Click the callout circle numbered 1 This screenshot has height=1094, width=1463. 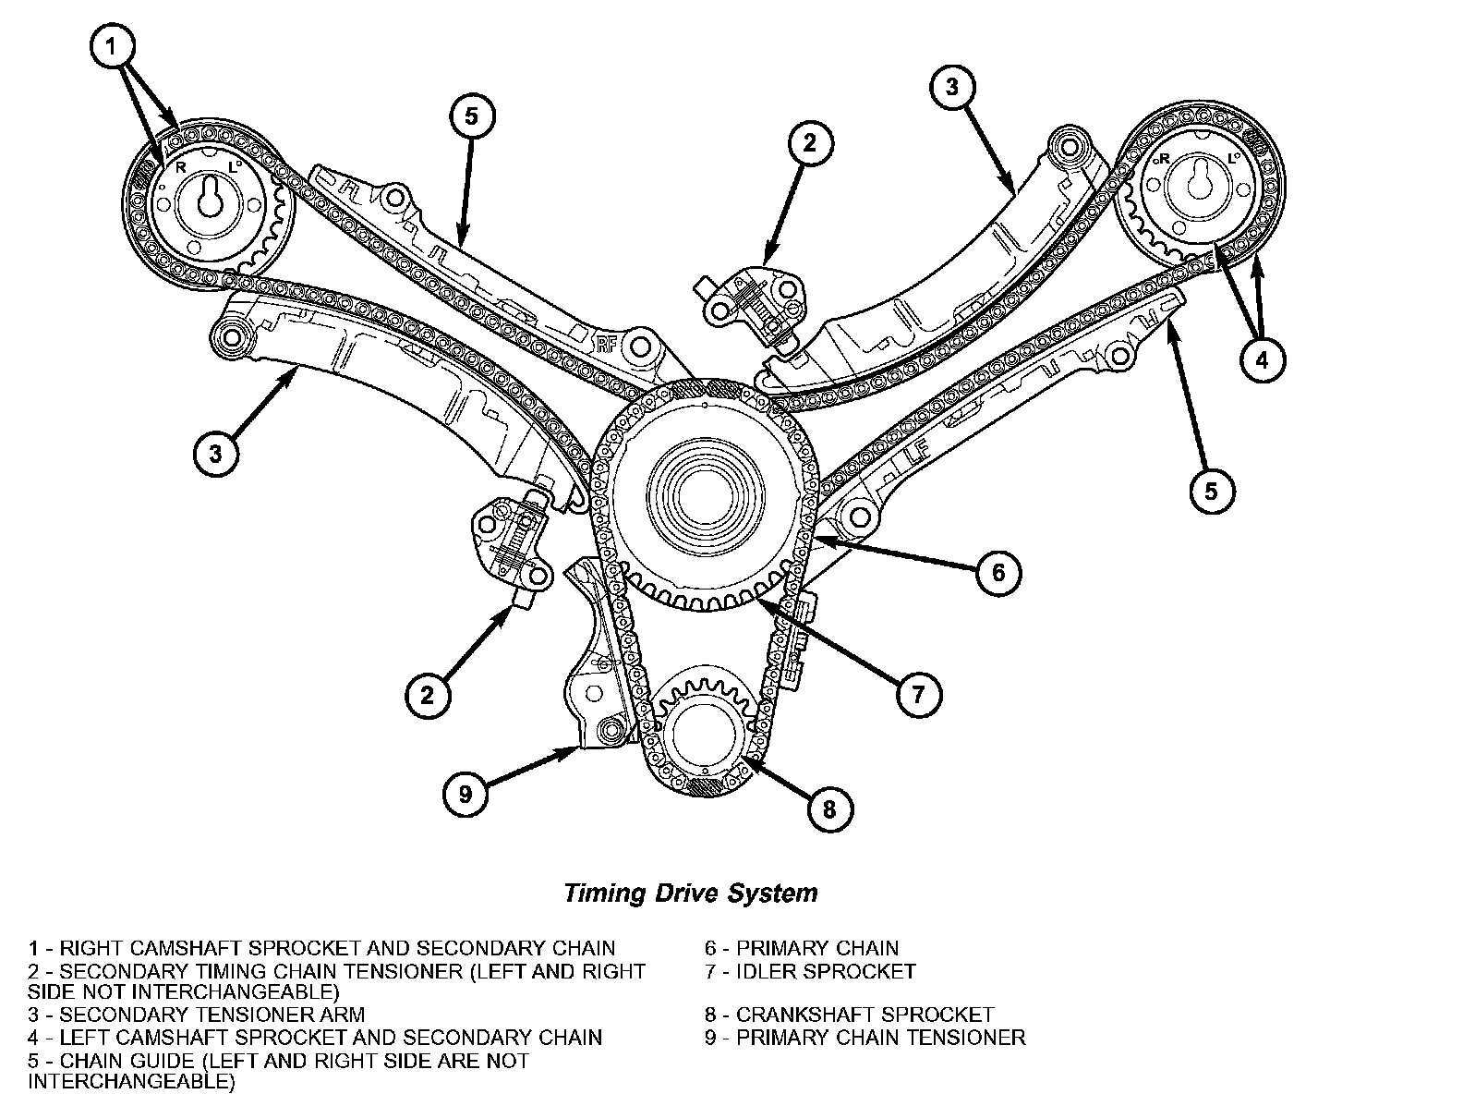[x=112, y=46]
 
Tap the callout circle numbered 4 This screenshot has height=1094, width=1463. [x=1262, y=360]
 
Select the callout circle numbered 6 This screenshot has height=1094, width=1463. [x=997, y=572]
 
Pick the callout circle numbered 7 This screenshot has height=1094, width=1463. [x=918, y=695]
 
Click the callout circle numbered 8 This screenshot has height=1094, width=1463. [x=828, y=809]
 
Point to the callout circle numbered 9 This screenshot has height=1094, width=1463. [x=465, y=794]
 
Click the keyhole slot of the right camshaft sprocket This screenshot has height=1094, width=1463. [x=211, y=198]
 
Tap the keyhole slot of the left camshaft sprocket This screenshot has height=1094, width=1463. [x=1200, y=179]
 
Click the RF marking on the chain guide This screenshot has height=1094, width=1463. [x=607, y=345]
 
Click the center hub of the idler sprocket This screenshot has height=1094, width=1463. [x=705, y=497]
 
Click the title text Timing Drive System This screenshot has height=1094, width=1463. [x=691, y=893]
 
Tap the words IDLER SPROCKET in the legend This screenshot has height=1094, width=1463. [x=826, y=971]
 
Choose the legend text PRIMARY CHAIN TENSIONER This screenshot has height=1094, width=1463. [x=880, y=1038]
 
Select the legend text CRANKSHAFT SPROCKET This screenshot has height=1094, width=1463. [x=864, y=1015]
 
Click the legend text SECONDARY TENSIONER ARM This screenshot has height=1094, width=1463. [x=212, y=1015]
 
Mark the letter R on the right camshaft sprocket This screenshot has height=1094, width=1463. [x=180, y=169]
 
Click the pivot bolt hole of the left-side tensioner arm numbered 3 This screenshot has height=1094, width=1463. [x=231, y=337]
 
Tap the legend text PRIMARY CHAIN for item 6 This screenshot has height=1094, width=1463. [x=817, y=948]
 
